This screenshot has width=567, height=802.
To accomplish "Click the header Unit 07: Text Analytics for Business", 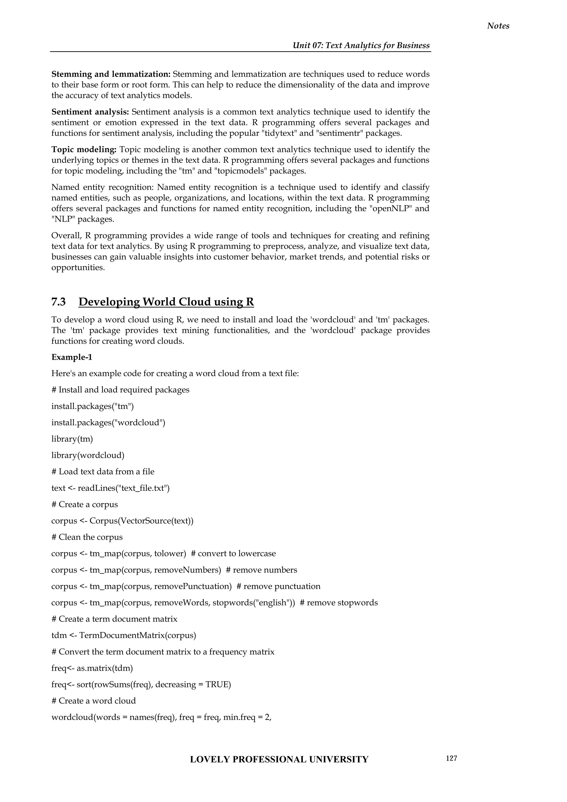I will tap(361, 45).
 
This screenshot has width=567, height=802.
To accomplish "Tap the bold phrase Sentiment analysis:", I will tap(90, 112).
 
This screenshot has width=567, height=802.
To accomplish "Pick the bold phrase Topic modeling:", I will tap(84, 150).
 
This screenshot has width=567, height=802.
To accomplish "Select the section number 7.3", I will tap(58, 302).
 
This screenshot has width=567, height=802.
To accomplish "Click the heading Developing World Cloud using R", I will tap(166, 302).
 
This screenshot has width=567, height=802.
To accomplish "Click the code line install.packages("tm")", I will tap(92, 406).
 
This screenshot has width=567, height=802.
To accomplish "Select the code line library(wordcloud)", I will tap(88, 455).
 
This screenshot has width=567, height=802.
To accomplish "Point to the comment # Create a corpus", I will tap(84, 504).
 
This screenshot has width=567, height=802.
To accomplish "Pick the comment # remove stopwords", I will tap(339, 603).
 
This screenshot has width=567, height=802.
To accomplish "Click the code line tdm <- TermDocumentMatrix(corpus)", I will tap(123, 635).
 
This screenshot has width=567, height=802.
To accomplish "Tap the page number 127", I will tap(451, 758).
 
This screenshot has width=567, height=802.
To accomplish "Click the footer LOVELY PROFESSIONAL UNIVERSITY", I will tap(279, 759).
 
